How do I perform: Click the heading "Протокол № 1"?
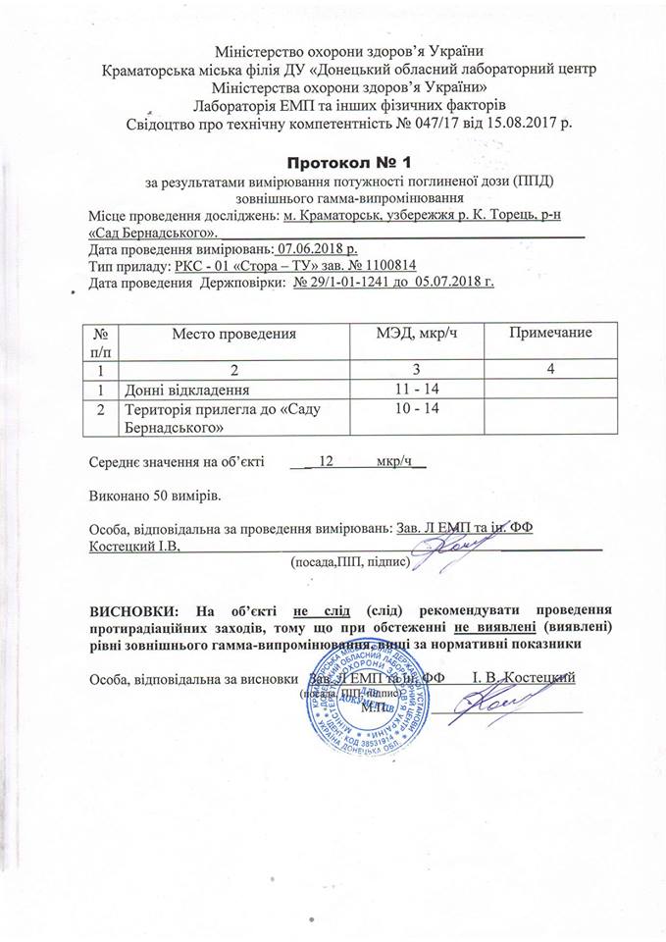333,160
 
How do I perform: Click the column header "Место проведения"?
234,335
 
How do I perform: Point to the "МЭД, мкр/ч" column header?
416,335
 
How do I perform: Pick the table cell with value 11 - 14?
416,391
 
